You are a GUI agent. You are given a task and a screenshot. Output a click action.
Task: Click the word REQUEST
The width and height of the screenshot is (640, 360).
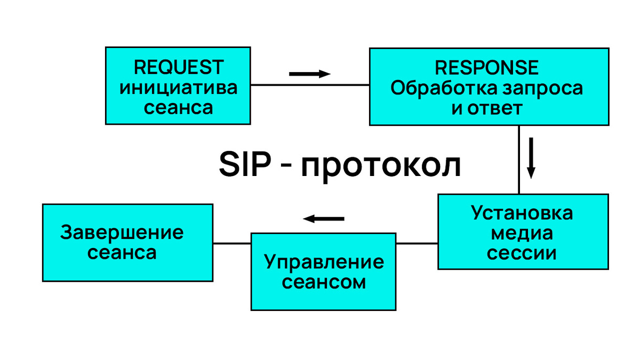click(178, 68)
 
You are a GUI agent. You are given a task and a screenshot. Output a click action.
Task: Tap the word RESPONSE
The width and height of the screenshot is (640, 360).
click(486, 68)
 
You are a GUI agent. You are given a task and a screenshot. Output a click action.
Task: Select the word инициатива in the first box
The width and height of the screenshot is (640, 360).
click(178, 87)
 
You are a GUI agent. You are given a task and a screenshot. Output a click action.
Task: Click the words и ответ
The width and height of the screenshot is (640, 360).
click(486, 108)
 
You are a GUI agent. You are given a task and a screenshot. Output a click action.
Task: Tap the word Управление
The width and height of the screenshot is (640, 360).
click(324, 262)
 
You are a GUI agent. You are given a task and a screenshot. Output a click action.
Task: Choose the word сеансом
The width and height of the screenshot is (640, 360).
click(324, 282)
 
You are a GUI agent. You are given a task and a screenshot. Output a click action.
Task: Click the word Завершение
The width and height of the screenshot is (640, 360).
click(122, 233)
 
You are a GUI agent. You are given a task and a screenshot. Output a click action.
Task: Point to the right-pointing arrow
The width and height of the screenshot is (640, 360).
click(310, 74)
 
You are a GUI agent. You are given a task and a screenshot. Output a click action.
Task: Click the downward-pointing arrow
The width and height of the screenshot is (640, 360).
click(531, 157)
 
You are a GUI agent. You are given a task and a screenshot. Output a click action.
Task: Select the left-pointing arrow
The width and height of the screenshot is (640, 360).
click(324, 218)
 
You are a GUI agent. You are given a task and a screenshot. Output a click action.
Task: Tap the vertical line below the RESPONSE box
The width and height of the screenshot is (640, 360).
click(519, 160)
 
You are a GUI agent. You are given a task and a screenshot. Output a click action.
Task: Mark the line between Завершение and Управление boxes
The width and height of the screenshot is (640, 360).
click(232, 243)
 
